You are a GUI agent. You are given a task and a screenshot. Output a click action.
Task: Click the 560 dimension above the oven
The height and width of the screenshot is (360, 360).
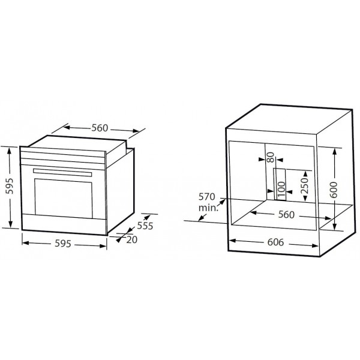point(100,128)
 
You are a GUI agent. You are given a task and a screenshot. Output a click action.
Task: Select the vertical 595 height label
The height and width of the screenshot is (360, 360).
point(10,186)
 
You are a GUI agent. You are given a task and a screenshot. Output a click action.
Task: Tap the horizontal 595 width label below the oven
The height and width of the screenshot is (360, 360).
point(63,244)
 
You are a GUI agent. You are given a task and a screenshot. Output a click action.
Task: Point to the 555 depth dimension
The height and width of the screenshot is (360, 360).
point(145,226)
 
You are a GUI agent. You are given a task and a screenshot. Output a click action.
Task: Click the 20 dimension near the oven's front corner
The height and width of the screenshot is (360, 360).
point(132,239)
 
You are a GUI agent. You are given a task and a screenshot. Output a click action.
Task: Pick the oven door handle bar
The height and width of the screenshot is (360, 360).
point(62,173)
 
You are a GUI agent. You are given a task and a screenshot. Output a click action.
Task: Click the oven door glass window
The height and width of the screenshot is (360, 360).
point(64,199)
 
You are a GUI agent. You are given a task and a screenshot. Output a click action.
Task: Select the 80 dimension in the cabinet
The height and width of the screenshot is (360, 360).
point(271,157)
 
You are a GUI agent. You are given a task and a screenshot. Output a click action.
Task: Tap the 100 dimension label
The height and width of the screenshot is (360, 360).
point(281,190)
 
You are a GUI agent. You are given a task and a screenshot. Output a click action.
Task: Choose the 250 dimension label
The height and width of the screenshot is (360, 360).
point(305,186)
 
